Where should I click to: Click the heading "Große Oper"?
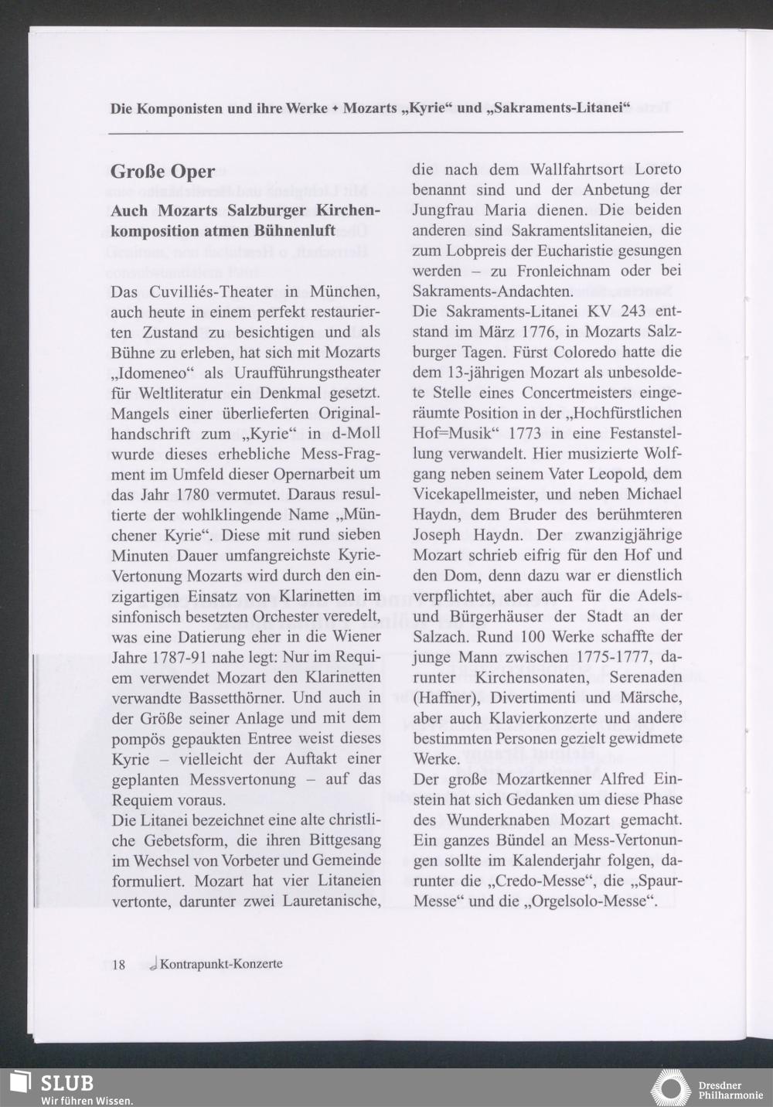[162, 172]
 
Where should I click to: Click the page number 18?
[118, 964]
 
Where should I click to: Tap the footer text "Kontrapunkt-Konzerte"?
[220, 964]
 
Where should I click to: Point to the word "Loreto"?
[657, 169]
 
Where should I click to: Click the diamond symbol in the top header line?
[335, 108]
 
